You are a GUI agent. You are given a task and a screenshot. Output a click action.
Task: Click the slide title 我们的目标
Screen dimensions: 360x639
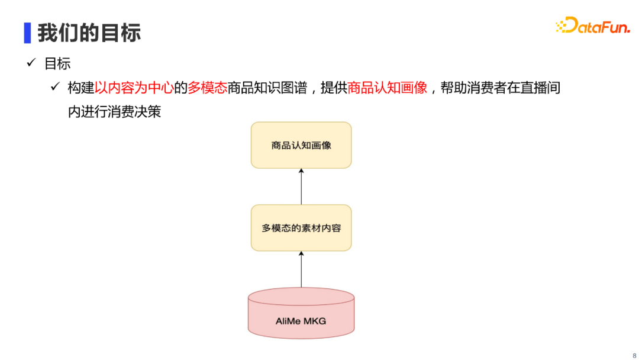coord(89,33)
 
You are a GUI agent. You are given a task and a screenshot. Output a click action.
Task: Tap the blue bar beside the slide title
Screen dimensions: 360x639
coord(27,33)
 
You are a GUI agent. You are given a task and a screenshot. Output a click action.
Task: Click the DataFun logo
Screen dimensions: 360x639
coord(593,25)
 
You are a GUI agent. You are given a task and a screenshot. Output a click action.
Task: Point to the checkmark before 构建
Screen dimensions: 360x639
coord(55,88)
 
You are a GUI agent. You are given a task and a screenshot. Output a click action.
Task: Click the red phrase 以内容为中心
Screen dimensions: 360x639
coord(134,88)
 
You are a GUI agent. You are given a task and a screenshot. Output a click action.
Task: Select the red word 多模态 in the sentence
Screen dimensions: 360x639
coord(207,88)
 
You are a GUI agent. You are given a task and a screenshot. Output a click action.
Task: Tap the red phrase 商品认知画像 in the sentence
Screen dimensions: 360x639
coord(387,88)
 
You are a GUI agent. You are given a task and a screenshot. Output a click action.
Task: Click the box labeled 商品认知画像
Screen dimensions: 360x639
coord(301,145)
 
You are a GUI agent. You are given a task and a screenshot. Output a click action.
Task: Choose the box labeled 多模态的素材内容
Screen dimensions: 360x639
coord(301,228)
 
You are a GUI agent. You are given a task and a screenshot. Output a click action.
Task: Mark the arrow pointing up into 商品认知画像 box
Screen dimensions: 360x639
coord(301,186)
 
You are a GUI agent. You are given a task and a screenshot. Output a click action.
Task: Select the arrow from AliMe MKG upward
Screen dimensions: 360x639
coord(301,269)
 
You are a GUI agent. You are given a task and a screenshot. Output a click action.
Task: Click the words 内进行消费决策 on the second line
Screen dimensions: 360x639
coord(114,111)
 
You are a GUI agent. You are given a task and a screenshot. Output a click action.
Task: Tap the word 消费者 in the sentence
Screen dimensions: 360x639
coord(487,88)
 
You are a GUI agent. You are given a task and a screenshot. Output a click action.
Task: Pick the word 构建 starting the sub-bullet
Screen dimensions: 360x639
coord(81,88)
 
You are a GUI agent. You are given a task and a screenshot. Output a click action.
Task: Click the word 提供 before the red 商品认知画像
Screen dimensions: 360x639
coord(334,88)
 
